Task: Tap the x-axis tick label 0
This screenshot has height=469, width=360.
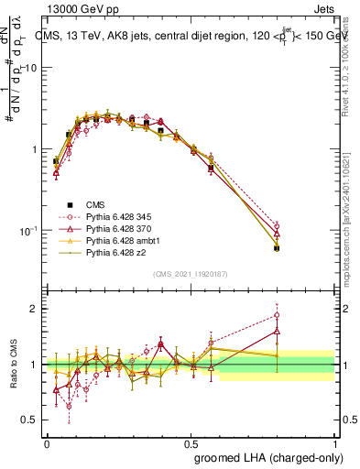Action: pos(47,443)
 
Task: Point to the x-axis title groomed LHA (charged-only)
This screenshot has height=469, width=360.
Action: pos(268,457)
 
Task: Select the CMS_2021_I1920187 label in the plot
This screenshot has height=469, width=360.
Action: pos(190,274)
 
